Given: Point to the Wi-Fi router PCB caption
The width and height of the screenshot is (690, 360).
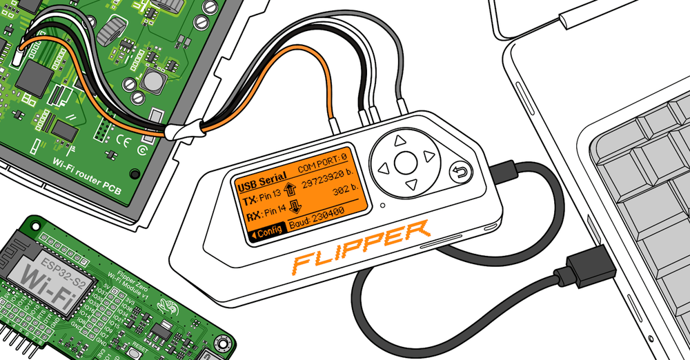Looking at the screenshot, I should [87, 174].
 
